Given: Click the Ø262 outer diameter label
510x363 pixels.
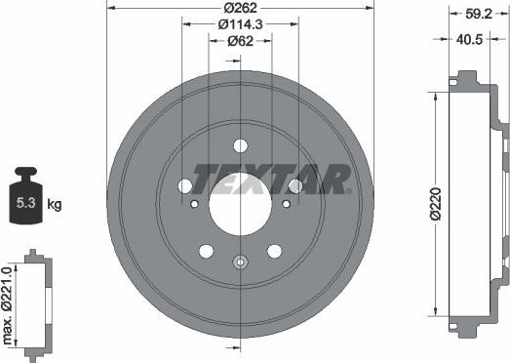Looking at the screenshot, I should (240, 9).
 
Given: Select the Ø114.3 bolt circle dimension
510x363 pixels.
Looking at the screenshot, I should (240, 24).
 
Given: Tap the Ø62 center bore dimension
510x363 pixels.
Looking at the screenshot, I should (240, 41).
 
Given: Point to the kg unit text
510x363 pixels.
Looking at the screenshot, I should (55, 204).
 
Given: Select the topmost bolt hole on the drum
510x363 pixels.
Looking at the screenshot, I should (240, 146).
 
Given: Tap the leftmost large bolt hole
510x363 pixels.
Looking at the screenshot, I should (185, 185).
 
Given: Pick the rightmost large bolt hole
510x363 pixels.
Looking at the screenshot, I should (294, 185).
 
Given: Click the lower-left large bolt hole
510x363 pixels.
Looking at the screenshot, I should (206, 251).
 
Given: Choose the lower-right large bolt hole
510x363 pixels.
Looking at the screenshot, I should (274, 251).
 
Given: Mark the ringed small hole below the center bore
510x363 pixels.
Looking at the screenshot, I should (240, 262).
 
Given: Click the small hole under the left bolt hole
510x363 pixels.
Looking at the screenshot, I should (194, 204).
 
